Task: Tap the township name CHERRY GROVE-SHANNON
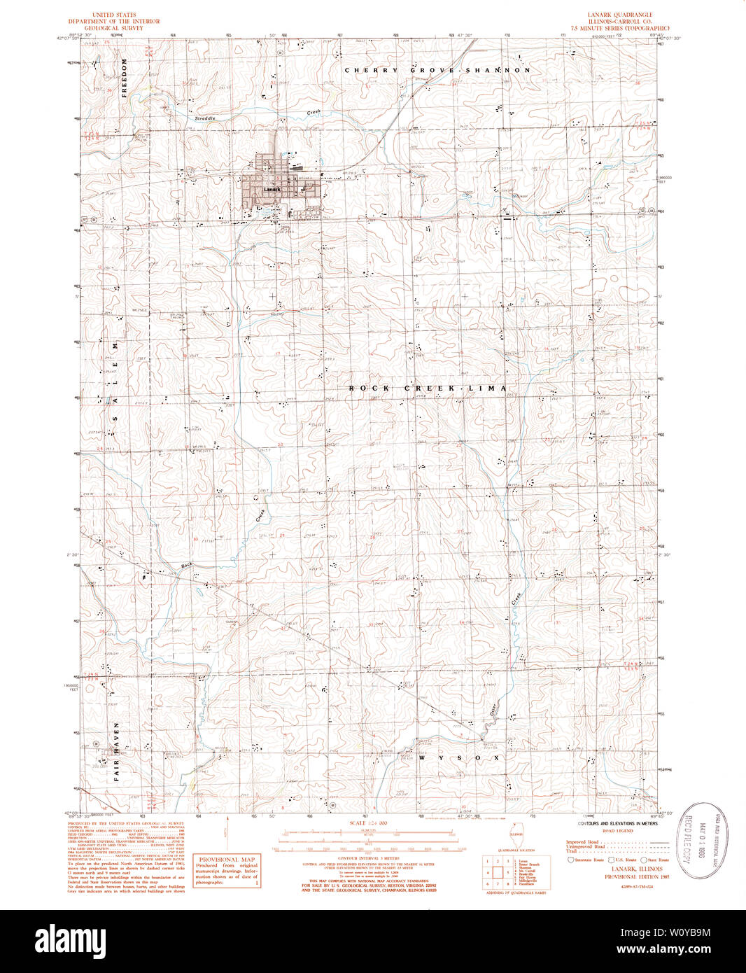click(x=437, y=71)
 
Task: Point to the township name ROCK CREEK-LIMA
click(x=428, y=388)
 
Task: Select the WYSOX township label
click(x=460, y=757)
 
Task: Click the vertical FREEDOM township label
click(x=125, y=80)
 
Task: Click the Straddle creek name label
click(x=205, y=118)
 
